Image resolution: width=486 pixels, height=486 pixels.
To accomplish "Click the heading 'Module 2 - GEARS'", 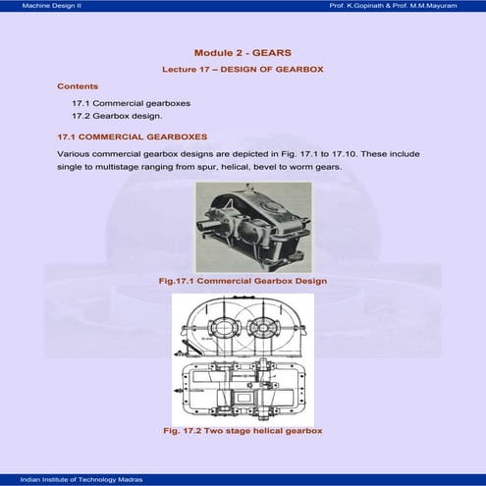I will click(243, 51).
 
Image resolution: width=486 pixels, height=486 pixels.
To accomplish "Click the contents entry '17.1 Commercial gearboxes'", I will click(131, 103).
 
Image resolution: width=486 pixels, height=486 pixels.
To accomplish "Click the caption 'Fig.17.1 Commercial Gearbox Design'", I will click(243, 281).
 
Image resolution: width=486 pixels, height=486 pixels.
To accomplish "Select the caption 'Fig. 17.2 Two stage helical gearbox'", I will click(243, 431).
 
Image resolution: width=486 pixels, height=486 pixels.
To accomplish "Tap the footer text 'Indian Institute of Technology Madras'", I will click(75, 480).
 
